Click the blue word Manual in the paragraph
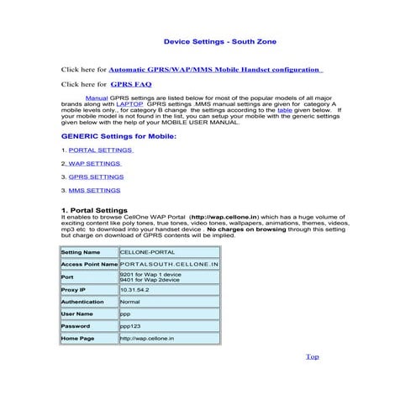click(96, 97)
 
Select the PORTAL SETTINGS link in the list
click(99, 149)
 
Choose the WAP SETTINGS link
click(94, 163)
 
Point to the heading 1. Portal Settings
click(94, 209)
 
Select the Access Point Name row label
click(88, 263)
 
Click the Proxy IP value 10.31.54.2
click(134, 288)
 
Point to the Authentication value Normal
click(130, 301)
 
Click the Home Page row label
click(79, 339)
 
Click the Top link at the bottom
click(313, 356)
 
